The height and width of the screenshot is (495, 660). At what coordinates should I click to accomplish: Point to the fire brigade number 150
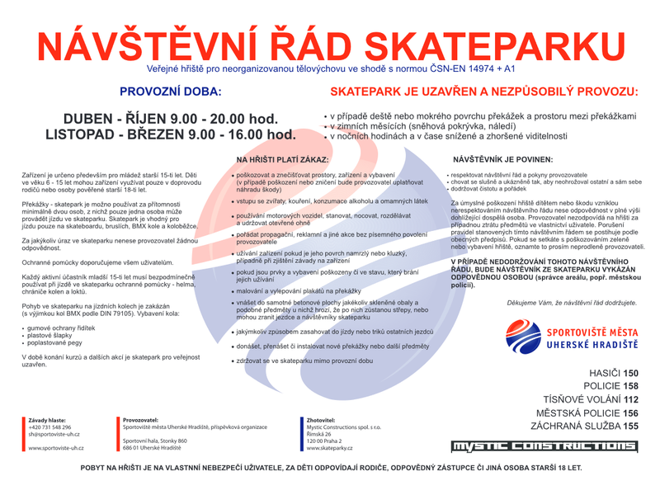pyautogui.click(x=630, y=373)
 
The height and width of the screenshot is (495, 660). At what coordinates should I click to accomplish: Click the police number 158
pyautogui.click(x=630, y=386)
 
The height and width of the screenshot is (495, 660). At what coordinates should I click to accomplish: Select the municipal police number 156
pyautogui.click(x=630, y=413)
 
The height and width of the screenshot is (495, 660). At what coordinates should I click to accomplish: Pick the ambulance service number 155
pyautogui.click(x=630, y=427)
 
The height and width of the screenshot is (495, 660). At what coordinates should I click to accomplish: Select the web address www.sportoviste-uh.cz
pyautogui.click(x=56, y=448)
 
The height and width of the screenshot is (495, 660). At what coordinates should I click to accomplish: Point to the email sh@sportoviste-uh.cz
pyautogui.click(x=54, y=433)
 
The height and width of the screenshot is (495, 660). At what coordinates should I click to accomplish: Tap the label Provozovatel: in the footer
pyautogui.click(x=141, y=420)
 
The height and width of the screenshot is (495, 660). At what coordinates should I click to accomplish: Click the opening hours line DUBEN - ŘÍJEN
pyautogui.click(x=171, y=120)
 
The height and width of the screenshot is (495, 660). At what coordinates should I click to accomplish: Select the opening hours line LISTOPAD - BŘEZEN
pyautogui.click(x=171, y=134)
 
